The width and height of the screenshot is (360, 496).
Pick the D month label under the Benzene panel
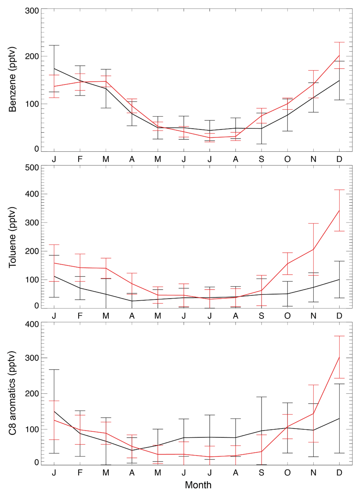[x=339, y=159]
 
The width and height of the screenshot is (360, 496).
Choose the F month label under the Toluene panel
[x=80, y=316]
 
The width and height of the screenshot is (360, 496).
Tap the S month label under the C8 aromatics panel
[x=261, y=472]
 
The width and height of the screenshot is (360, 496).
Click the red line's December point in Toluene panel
[x=339, y=210]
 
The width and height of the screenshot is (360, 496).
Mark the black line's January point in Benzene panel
[x=54, y=69]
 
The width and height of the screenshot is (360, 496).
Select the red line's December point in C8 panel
[x=339, y=357]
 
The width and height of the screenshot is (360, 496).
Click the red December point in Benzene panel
[x=339, y=55]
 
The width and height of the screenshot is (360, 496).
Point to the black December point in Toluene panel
[x=339, y=280]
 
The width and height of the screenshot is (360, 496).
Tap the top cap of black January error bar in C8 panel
[x=54, y=369]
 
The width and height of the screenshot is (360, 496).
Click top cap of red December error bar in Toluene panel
[x=339, y=190]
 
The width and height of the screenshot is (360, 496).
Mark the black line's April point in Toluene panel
[x=132, y=301]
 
